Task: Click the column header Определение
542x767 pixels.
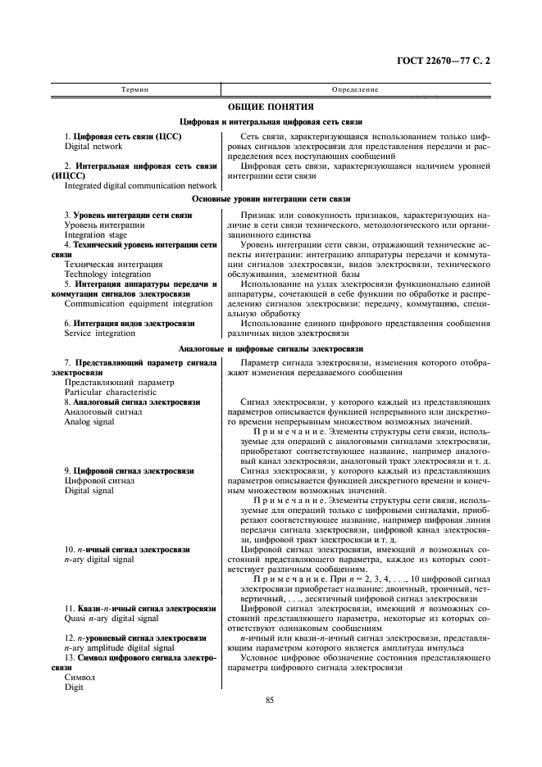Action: [x=354, y=88]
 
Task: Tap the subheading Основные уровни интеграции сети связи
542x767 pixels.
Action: [x=271, y=199]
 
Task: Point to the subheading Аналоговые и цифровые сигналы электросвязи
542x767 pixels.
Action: [x=271, y=349]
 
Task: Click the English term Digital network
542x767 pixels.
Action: [x=93, y=147]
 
